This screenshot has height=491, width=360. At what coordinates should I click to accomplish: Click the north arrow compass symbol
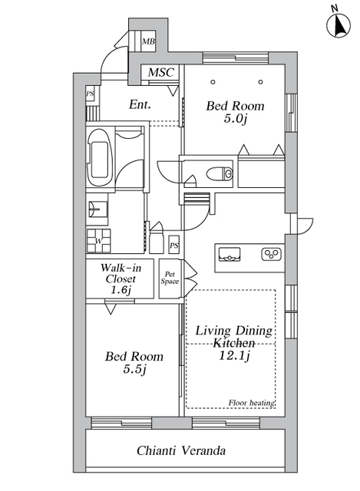pos(339,25)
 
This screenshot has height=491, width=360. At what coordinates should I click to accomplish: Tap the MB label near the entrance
pos(148,41)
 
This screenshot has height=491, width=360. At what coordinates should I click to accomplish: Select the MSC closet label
pos(160,72)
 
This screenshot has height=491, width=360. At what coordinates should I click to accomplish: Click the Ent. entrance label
pos(140,104)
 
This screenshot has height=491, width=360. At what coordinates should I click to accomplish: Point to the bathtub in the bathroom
pos(101,157)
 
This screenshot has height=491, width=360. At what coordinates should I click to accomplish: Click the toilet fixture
pos(220,173)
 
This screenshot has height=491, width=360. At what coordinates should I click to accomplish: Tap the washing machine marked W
pos(99,241)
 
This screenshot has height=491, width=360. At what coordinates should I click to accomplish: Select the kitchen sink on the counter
pos(230,254)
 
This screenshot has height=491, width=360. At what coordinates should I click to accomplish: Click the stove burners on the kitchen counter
pos(271,254)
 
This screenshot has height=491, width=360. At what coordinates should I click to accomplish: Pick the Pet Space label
pos(170,278)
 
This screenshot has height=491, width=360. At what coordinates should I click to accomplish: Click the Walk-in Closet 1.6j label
pos(121,278)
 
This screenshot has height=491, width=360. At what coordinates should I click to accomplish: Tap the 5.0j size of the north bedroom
pos(236,119)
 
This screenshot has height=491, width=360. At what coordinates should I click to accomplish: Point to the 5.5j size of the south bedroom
pos(134,370)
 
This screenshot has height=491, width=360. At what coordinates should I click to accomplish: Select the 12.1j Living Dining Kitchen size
pos(234,356)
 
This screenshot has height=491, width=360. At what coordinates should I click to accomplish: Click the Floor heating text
pos(252,403)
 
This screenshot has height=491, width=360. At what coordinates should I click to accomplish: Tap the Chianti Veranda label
pos(181,450)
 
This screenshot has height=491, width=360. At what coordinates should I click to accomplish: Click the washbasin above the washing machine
pos(97,209)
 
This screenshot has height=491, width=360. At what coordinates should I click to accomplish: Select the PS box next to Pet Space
pos(174,245)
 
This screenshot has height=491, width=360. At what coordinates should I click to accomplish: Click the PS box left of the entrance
pos(91,94)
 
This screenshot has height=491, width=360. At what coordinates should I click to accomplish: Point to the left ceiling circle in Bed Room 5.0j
pos(213,82)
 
